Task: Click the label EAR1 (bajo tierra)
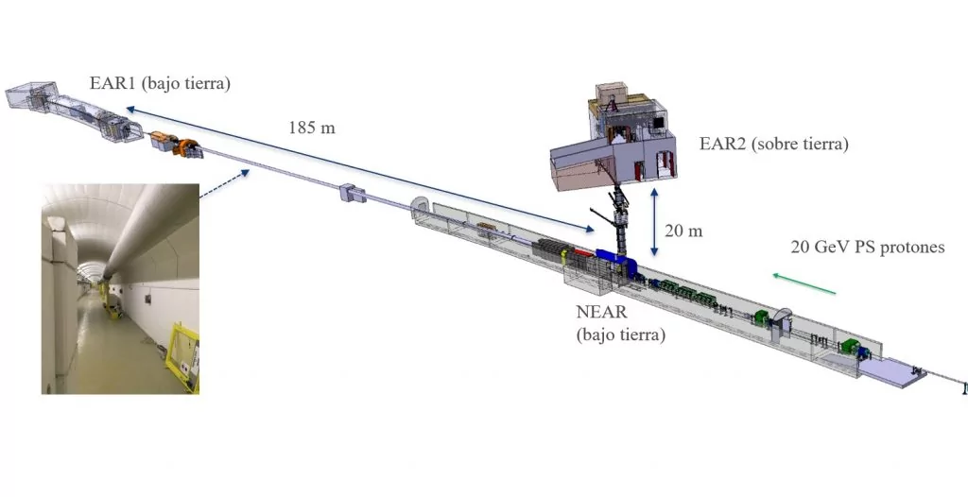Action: coord(160,83)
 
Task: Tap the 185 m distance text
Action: coord(311,128)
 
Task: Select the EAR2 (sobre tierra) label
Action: coord(773,144)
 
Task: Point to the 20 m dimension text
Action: coord(683,231)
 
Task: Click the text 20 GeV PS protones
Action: coord(868,247)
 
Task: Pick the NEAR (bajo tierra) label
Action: coord(620,323)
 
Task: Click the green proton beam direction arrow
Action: coord(804,284)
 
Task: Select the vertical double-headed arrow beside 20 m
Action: coord(654,222)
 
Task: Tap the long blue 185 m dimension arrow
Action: coord(360,170)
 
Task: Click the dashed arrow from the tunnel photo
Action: coord(225,184)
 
